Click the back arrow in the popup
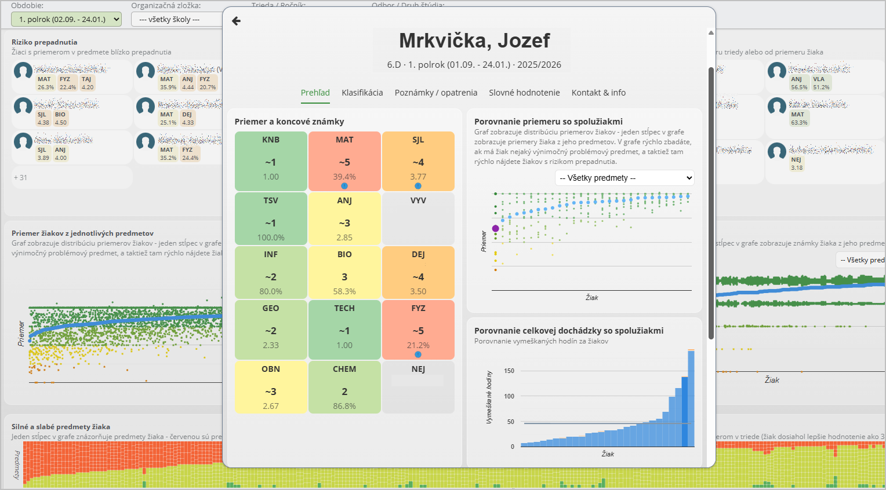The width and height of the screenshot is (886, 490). pos(236,21)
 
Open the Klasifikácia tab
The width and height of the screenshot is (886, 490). pos(362,93)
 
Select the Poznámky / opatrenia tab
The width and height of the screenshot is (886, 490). pos(435,93)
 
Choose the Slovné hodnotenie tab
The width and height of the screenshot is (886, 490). pos(524,93)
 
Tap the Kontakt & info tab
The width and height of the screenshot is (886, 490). pos(598,93)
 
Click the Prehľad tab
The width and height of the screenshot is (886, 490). pos(315,93)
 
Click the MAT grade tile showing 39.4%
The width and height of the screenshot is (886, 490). pos(344,160)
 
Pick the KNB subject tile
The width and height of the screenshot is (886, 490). pos(271,160)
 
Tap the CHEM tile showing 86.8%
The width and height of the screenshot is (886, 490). pos(344,387)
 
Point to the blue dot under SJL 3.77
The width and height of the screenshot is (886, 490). pos(418,186)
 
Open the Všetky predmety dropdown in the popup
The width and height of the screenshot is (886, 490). pos(624,178)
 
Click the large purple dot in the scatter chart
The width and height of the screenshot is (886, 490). pos(495,229)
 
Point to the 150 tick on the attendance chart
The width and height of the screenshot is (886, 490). pos(509,371)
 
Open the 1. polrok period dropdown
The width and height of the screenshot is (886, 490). pos(66,19)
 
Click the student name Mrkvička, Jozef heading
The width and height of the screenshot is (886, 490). pos(474,41)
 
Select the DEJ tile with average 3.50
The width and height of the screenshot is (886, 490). pos(418,272)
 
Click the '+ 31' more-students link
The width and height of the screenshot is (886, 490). pos(20,178)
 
